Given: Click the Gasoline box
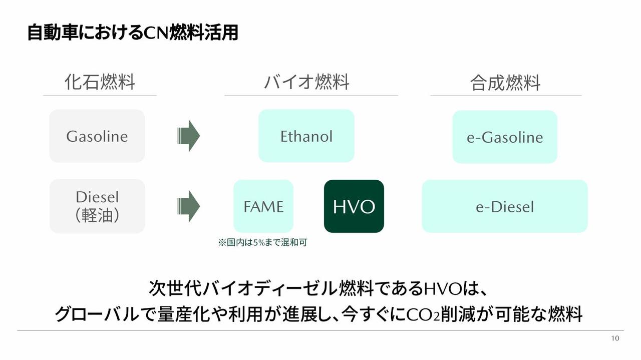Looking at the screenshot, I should (97, 136).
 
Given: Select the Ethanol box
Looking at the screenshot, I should (306, 136).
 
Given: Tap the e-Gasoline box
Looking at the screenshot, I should (504, 137).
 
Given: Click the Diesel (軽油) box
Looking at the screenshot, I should (97, 206).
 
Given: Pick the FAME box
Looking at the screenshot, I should (263, 206).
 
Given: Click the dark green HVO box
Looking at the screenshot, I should (354, 206).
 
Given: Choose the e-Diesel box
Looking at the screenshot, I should (504, 206).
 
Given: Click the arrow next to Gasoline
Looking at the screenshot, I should (189, 136).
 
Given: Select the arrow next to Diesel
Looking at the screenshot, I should (189, 206).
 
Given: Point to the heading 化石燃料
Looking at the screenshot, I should (100, 82).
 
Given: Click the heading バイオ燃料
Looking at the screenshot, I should (306, 82).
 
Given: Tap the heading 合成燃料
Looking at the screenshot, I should (505, 83).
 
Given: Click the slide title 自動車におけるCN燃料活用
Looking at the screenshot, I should (132, 33).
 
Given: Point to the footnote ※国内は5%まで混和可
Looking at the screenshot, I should (262, 243).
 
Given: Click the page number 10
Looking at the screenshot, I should (615, 338).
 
